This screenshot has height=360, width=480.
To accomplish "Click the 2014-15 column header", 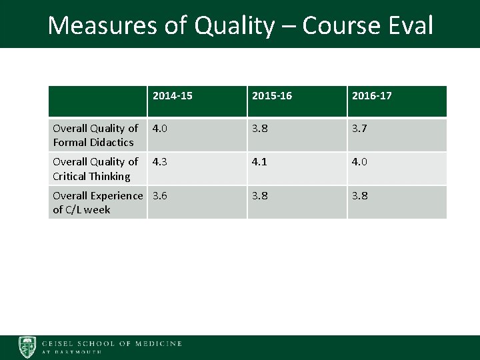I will [x=172, y=96].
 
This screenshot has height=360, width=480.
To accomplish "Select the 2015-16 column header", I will [x=271, y=96].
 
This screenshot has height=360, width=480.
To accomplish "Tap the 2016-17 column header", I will [x=371, y=96].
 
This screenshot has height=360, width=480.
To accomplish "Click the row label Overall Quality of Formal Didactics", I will [x=95, y=135].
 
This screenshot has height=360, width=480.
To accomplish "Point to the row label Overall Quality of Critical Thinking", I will [x=95, y=169].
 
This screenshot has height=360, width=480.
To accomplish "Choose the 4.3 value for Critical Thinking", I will [x=161, y=162].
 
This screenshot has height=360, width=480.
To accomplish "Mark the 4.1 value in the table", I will [x=260, y=162].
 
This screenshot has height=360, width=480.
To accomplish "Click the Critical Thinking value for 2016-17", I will [x=360, y=162].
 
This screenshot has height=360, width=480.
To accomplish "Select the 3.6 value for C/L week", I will [x=161, y=196].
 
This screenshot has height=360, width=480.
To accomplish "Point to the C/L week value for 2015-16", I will [x=260, y=196].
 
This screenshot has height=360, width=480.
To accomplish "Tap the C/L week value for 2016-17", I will [x=360, y=196].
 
